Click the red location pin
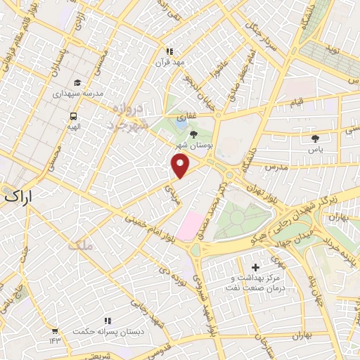[x=181, y=166]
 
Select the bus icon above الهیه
[x=72, y=117]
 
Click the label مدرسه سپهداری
[x=79, y=94]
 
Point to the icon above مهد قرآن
[x=169, y=51]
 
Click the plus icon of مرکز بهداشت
[x=255, y=267]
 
